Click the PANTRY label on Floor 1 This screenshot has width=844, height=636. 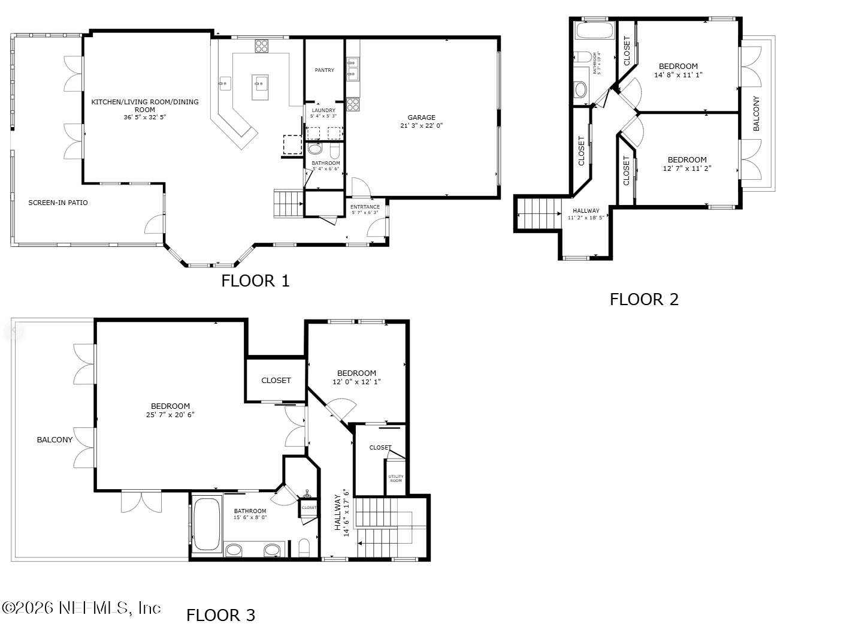click(x=324, y=70)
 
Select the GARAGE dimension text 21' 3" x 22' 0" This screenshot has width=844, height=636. click(x=421, y=126)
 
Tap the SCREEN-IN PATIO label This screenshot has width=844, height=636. click(x=58, y=203)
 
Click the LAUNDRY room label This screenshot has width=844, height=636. click(x=323, y=110)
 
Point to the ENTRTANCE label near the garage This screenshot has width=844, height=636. click(x=365, y=207)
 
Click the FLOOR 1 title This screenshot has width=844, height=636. click(x=255, y=281)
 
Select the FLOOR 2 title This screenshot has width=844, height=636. click(x=644, y=299)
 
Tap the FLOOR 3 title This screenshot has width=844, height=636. click(x=220, y=615)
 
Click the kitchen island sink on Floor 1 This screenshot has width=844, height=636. click(x=260, y=82)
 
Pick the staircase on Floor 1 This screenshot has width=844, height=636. click(x=289, y=204)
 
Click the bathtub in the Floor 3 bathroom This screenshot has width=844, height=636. click(x=207, y=524)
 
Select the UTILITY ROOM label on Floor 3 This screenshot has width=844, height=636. click(x=396, y=478)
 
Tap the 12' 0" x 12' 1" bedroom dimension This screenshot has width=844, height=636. click(x=356, y=382)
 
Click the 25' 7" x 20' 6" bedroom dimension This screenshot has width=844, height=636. click(x=170, y=415)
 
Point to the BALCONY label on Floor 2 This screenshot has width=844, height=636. click(x=756, y=113)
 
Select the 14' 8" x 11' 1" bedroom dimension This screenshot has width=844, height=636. click(x=678, y=75)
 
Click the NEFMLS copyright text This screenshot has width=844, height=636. click(x=81, y=608)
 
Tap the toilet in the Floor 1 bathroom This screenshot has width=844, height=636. click(x=315, y=149)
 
